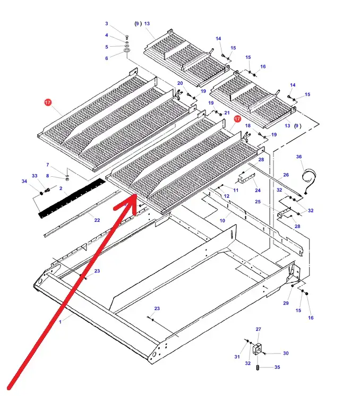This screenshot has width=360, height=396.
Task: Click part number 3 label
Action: point(106,24)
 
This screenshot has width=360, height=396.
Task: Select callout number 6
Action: point(106,58)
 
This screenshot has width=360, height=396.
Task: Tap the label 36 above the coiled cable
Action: point(299,157)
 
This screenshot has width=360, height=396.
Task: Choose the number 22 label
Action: point(97,220)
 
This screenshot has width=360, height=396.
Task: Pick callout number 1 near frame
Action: point(60,322)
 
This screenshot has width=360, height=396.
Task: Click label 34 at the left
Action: point(24,182)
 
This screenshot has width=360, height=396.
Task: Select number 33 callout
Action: point(35,176)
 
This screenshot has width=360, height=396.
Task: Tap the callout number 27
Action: point(259,330)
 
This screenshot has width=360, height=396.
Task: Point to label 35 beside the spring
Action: point(277,367)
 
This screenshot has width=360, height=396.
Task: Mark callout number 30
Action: point(286,353)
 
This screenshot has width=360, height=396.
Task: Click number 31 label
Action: point(237,357)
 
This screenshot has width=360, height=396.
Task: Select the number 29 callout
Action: point(286,303)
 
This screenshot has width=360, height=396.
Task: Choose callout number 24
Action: point(258,191)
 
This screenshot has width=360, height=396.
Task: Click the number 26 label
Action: point(286,175)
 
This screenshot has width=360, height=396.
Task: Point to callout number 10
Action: point(222,220)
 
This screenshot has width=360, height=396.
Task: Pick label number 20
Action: point(180,83)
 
